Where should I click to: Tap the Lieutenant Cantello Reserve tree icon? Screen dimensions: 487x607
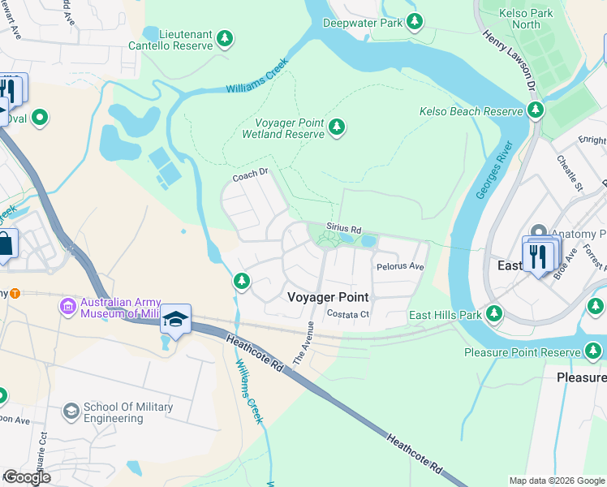(225, 38)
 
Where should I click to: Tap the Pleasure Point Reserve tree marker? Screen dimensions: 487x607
(594, 351)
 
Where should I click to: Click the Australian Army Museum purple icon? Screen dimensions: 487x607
(67, 308)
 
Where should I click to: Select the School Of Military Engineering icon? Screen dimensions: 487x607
(71, 412)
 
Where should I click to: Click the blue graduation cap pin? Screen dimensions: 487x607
(174, 320)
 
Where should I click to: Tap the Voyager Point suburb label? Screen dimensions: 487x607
(328, 298)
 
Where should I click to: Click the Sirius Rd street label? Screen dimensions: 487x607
(343, 230)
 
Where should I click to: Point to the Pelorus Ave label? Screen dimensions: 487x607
(400, 266)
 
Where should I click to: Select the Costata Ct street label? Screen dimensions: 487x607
(347, 314)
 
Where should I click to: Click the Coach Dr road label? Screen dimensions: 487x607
(250, 175)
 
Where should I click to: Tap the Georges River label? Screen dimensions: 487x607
(494, 170)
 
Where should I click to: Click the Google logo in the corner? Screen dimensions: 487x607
(26, 477)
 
